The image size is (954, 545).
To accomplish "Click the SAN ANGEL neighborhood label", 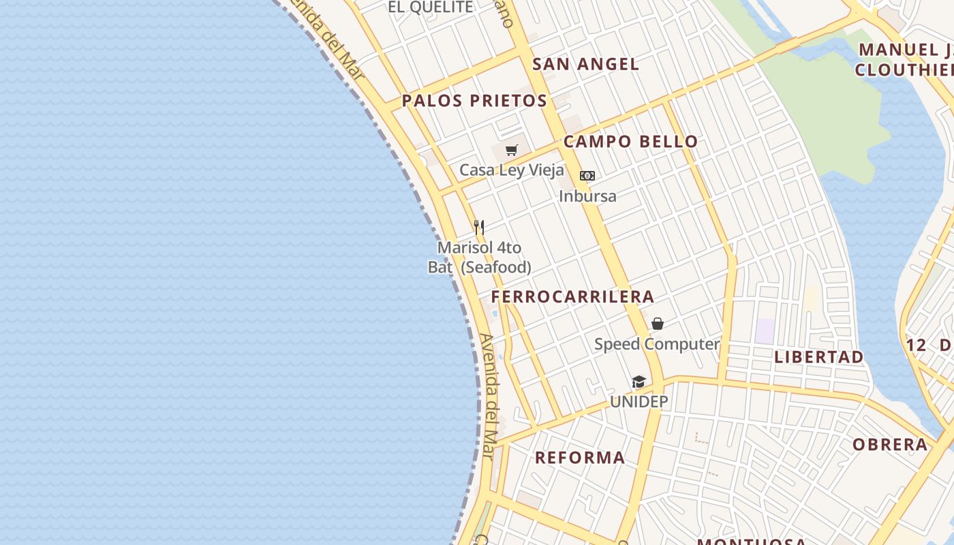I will [x=585, y=65].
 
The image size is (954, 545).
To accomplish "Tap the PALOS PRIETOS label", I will [x=474, y=101].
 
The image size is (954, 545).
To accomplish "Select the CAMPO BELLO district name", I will [x=630, y=142].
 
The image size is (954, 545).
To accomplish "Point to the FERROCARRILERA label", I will [x=572, y=297].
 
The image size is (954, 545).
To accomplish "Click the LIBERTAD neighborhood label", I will [x=818, y=357].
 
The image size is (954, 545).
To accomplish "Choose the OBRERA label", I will [x=890, y=445].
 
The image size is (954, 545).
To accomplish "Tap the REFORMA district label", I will [x=580, y=458].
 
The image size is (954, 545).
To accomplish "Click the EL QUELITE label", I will [x=430, y=7].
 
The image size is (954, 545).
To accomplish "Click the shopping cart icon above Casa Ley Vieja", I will [x=512, y=150].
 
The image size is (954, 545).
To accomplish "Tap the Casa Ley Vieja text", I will [x=512, y=170].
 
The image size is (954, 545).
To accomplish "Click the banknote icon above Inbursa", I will [x=587, y=176].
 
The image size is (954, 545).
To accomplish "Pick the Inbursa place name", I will [x=587, y=196].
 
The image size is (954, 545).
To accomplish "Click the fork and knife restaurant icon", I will [x=479, y=227].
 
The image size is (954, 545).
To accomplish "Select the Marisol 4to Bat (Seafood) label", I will [x=479, y=258].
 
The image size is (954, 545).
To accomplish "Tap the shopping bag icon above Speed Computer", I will [x=658, y=324].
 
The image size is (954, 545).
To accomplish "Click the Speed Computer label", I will [x=657, y=344].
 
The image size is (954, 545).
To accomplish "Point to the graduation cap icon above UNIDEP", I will [x=638, y=381].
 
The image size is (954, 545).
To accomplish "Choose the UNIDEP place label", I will [x=638, y=402].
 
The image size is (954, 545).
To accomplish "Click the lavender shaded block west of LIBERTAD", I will [x=765, y=331].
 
